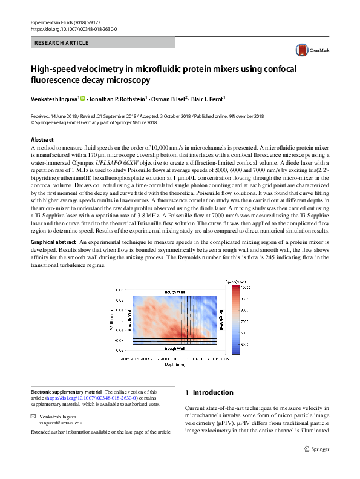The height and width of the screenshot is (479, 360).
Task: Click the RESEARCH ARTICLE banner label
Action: (x=62, y=43)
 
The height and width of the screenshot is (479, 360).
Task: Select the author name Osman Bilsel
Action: (x=168, y=98)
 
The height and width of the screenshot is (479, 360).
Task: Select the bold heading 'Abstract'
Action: (x=42, y=140)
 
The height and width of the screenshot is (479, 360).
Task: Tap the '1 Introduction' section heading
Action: (x=209, y=392)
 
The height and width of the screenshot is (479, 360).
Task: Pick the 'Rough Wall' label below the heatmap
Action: (x=178, y=349)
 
